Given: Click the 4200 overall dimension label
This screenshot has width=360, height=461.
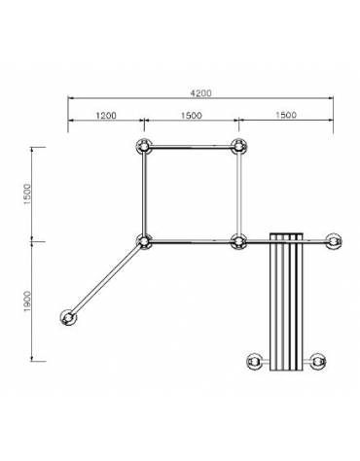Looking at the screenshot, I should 201,93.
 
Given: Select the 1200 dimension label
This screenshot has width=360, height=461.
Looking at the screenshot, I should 106,115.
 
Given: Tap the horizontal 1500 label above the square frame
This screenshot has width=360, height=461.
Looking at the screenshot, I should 190,115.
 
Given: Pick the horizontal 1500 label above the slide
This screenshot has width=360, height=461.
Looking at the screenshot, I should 285,115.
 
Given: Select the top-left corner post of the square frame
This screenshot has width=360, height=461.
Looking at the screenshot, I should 144,147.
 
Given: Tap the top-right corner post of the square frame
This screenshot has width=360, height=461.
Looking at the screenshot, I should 237,147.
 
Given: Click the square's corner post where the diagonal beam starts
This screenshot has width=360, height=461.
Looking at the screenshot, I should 144,240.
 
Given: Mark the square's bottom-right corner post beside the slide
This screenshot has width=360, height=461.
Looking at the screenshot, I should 237,240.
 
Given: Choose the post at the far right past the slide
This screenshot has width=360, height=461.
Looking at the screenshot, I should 333,240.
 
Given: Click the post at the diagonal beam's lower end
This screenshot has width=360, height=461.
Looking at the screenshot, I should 69,317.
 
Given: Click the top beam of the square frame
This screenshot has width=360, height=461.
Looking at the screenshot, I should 191,147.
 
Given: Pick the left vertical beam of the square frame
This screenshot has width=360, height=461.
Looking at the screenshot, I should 144,194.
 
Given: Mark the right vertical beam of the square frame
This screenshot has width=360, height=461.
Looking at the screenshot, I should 238,194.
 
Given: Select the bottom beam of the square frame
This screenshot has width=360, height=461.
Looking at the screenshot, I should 191,240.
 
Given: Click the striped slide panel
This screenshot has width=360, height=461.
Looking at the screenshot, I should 286,301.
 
